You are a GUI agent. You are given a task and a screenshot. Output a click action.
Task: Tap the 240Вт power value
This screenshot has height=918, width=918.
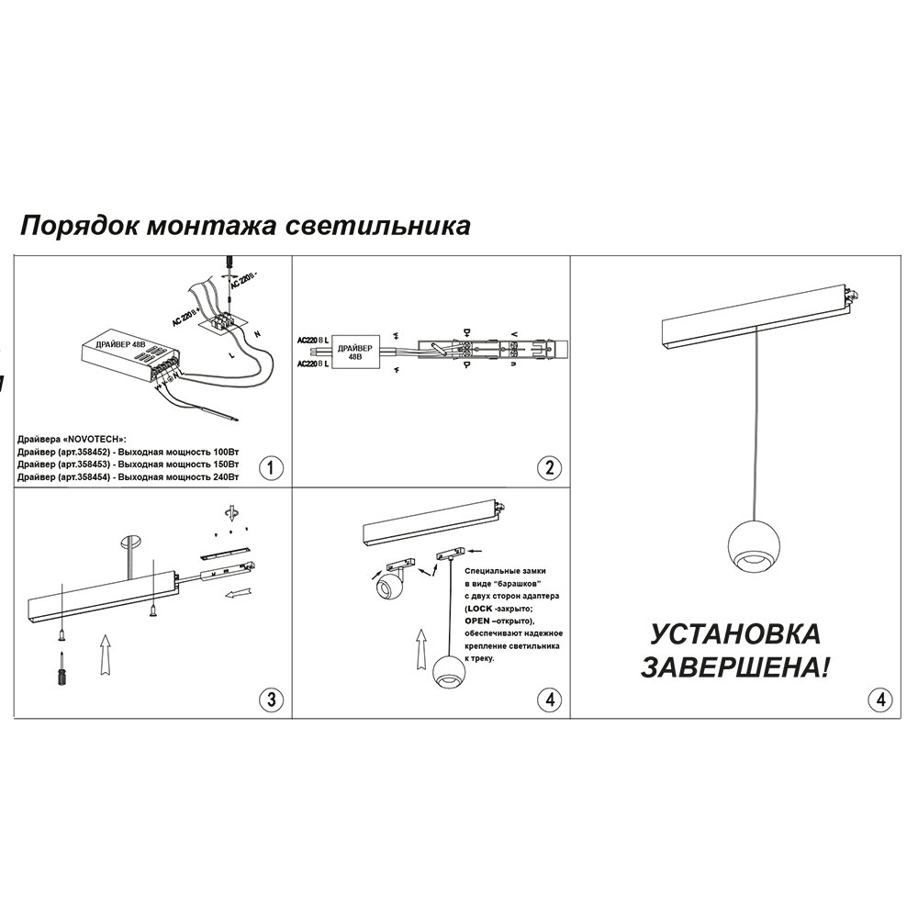[x=224, y=477]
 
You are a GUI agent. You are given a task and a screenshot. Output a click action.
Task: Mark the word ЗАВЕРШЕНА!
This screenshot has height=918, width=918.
[x=732, y=667]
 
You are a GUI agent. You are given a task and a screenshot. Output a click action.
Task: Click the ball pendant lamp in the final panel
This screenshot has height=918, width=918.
[x=751, y=547]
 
